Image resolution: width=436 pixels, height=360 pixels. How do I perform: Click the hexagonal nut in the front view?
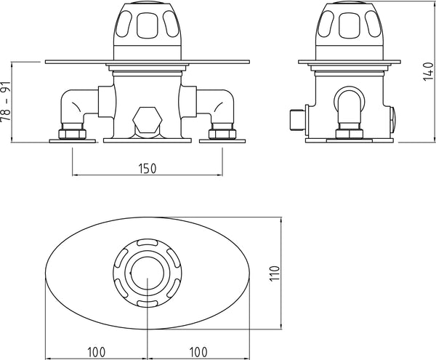coord(148,119)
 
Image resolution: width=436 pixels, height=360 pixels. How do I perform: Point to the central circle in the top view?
coord(148,272)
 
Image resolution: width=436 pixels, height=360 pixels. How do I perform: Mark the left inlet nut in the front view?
coord(73,133)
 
